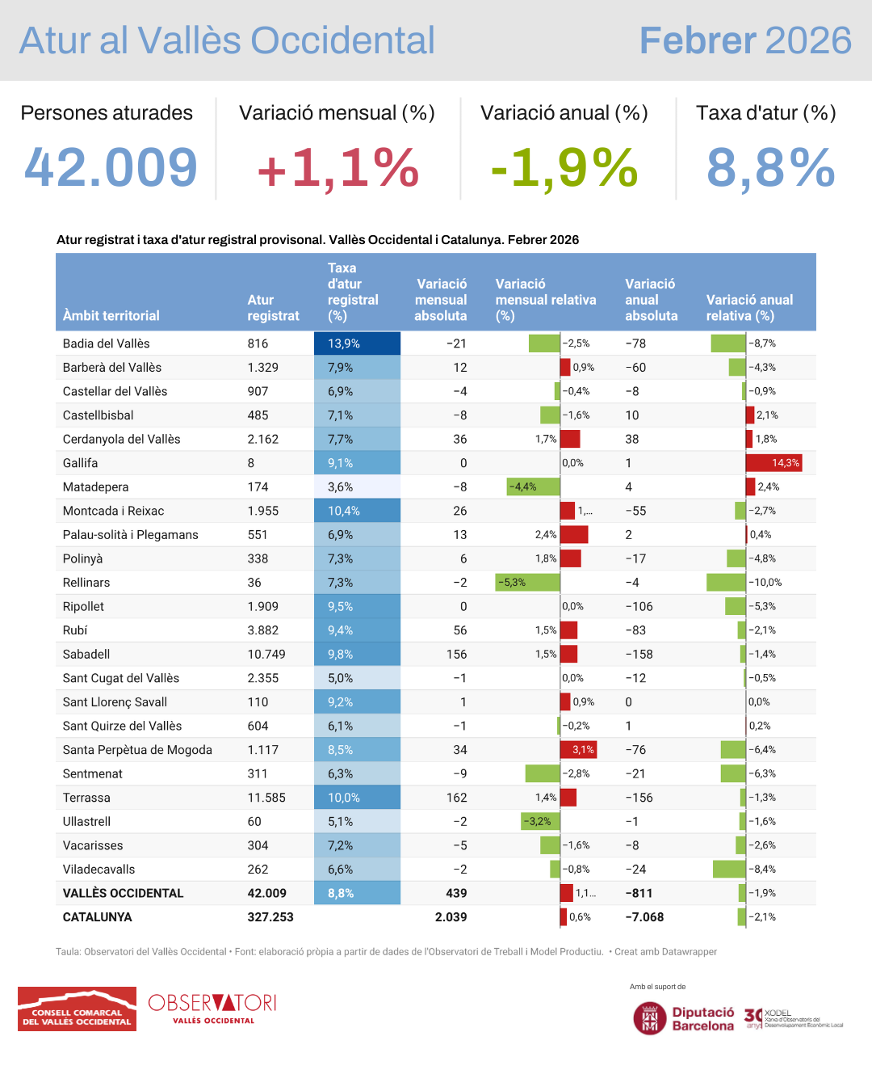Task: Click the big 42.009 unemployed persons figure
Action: pyautogui.click(x=111, y=167)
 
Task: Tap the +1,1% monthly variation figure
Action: pyautogui.click(x=337, y=168)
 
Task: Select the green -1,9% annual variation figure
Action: pyautogui.click(x=564, y=168)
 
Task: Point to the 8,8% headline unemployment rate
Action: pyautogui.click(x=770, y=168)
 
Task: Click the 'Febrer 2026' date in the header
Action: pyautogui.click(x=745, y=40)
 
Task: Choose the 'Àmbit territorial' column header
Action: pyautogui.click(x=111, y=315)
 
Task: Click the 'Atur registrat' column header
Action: pyautogui.click(x=273, y=308)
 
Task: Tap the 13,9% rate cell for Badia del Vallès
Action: pyautogui.click(x=357, y=343)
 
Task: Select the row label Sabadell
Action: pyautogui.click(x=86, y=654)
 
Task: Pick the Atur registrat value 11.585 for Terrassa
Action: pyautogui.click(x=266, y=798)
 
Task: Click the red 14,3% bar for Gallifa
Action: pyautogui.click(x=773, y=463)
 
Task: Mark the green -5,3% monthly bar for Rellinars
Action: pyautogui.click(x=527, y=583)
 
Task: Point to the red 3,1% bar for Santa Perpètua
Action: pyautogui.click(x=578, y=750)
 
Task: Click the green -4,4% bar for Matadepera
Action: pyautogui.click(x=533, y=487)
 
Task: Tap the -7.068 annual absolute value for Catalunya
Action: pyautogui.click(x=644, y=917)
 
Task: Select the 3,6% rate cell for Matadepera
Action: pyautogui.click(x=357, y=487)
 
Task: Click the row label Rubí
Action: pyautogui.click(x=75, y=630)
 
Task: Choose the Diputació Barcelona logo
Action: pyautogui.click(x=684, y=1018)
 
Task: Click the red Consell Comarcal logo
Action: pyautogui.click(x=77, y=1009)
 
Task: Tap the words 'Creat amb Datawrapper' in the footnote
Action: pyautogui.click(x=665, y=952)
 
